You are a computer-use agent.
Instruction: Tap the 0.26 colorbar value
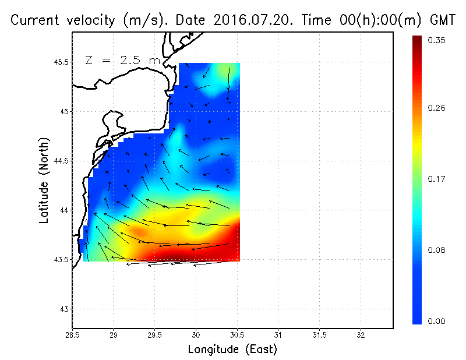437,108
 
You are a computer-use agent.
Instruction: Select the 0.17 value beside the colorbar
437,179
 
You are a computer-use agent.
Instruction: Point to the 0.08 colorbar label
437,250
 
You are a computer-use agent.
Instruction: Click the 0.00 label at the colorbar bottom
437,321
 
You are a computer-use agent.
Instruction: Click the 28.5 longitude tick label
72,335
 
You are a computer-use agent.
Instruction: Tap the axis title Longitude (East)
232,350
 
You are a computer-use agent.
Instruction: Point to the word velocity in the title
89,20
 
